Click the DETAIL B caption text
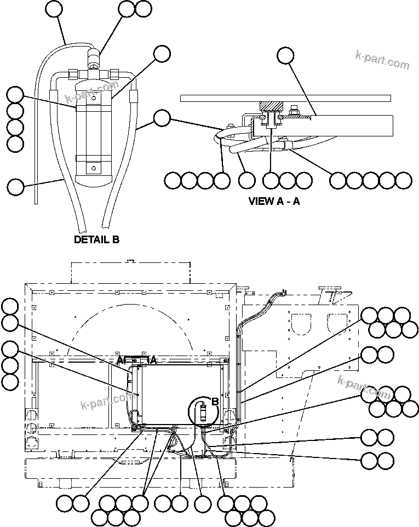click(96, 239)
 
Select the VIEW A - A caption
click(274, 201)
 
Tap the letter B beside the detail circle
click(215, 402)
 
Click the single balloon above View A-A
click(285, 55)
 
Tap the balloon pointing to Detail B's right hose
click(162, 118)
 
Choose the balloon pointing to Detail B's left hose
click(16, 186)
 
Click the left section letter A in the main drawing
click(119, 360)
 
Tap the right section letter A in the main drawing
click(154, 360)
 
